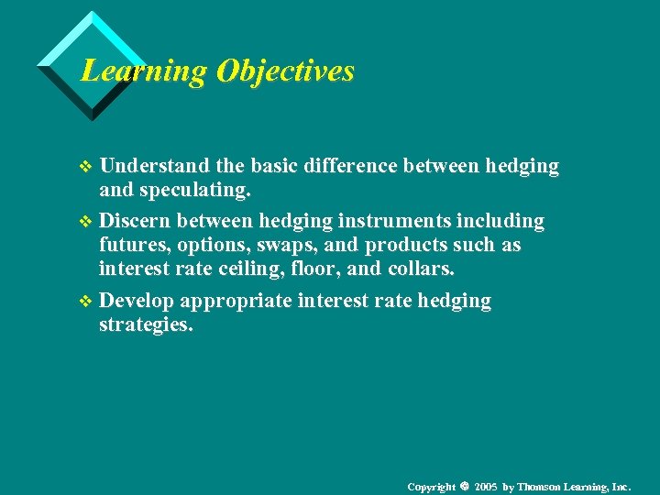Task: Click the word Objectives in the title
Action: (285, 71)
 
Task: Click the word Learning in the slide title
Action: (144, 71)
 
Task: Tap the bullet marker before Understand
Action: (87, 167)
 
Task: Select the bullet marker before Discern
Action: (87, 222)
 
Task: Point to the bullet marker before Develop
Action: (87, 302)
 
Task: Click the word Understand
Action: (155, 166)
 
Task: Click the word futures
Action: (130, 246)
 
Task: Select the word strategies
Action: (146, 324)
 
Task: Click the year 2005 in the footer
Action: (486, 486)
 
